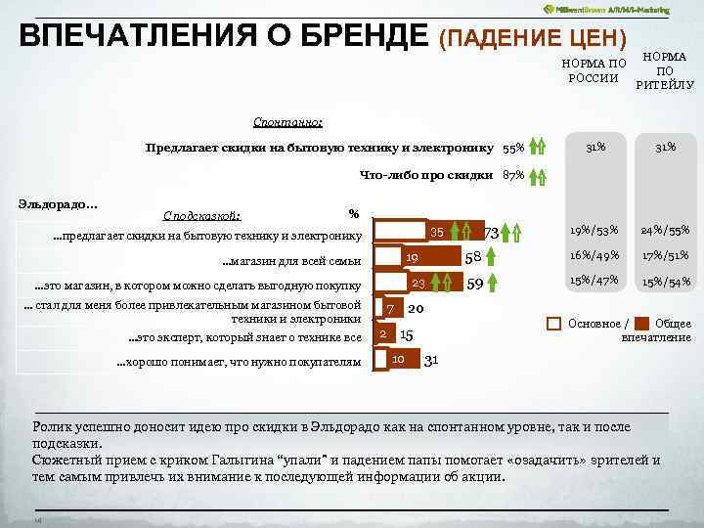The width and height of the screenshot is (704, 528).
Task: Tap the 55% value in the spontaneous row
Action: click(x=513, y=148)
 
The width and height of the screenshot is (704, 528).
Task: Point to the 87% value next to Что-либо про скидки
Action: click(x=513, y=176)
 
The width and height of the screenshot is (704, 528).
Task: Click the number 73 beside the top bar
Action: click(x=492, y=233)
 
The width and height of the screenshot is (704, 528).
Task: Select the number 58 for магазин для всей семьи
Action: click(x=473, y=258)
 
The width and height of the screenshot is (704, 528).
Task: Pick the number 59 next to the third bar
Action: click(x=476, y=285)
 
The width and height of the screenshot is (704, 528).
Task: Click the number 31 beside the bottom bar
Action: click(x=431, y=360)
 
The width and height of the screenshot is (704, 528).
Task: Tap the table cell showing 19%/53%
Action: click(x=594, y=231)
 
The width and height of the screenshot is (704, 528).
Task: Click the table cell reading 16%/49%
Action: click(x=594, y=255)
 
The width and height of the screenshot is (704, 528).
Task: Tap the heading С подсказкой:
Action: click(x=202, y=216)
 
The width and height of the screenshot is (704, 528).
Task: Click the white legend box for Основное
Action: click(x=553, y=324)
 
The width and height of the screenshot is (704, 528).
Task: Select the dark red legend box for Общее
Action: click(x=641, y=324)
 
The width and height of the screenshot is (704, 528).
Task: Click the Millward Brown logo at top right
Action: click(x=606, y=8)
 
